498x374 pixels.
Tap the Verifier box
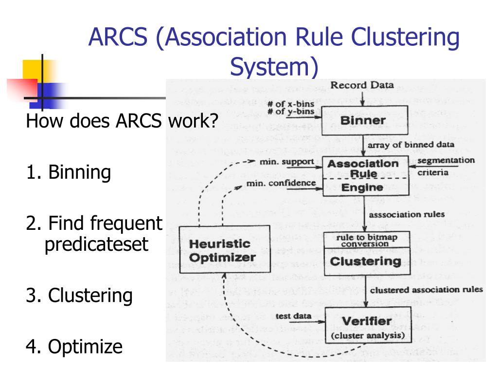coord(367,325)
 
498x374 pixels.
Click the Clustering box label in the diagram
coord(365,262)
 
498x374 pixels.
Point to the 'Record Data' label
coord(362,86)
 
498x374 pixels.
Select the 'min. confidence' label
coord(281,184)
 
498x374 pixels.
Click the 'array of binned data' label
coord(411,145)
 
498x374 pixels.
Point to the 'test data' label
coord(293,316)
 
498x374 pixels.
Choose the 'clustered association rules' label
coord(426,290)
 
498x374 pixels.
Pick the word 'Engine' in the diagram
coord(363,187)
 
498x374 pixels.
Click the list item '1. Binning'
coord(69,172)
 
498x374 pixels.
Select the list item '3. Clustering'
coord(79,296)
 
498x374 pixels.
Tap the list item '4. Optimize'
coord(74,347)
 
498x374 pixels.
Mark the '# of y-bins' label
coord(291,112)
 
